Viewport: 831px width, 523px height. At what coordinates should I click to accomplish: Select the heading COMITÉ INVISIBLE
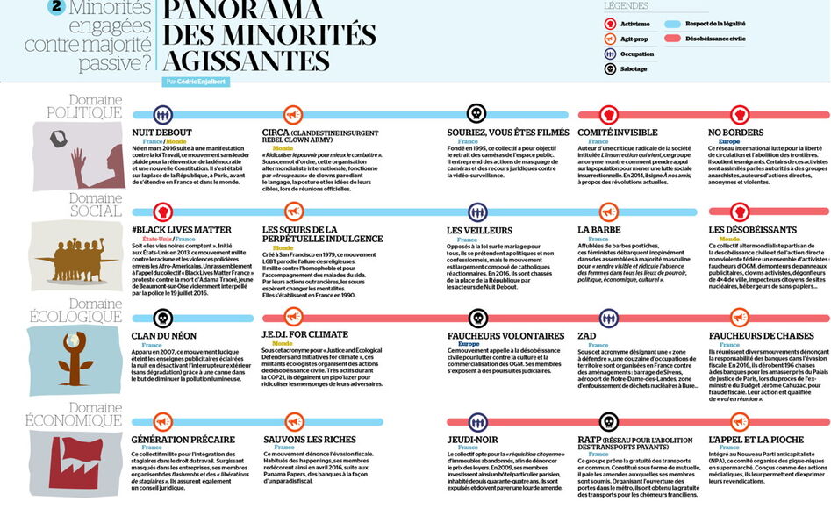[617, 133]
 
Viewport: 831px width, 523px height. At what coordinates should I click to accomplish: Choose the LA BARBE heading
[599, 230]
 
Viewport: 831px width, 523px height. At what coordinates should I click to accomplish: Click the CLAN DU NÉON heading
[164, 335]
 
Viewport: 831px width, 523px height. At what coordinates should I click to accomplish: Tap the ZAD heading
[589, 335]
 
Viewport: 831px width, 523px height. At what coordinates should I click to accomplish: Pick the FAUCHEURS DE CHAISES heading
[760, 335]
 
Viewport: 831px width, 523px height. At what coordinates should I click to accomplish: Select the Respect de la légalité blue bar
[699, 25]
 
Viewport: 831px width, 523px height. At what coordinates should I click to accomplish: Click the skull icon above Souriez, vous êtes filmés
[476, 114]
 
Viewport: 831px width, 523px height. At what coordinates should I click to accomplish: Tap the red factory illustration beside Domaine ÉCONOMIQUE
[68, 455]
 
